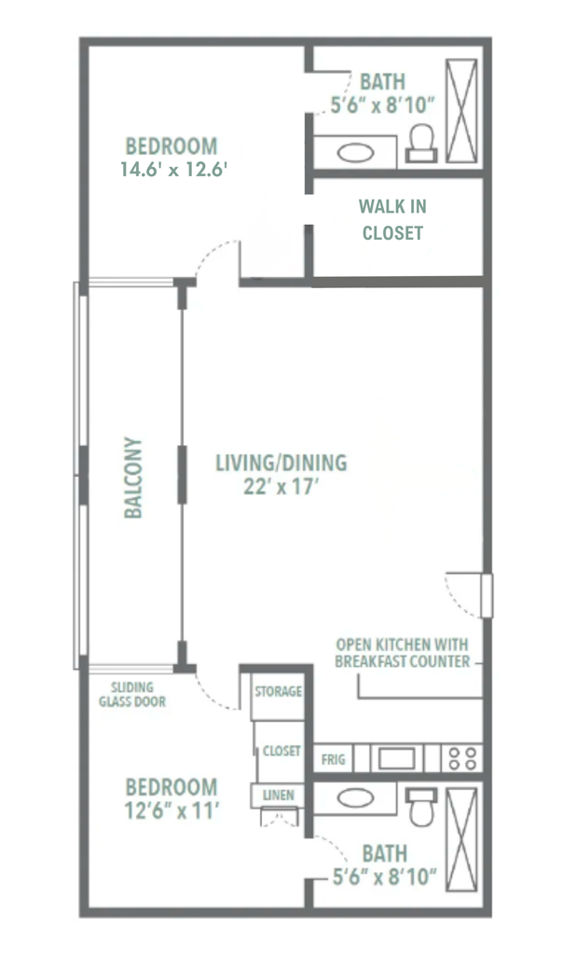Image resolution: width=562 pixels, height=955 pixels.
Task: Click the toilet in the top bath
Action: point(421,142)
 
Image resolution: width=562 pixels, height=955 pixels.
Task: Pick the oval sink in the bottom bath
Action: point(355,798)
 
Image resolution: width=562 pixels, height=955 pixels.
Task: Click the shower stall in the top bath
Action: point(461,112)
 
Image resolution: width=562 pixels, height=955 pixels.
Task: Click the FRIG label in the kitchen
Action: point(333,759)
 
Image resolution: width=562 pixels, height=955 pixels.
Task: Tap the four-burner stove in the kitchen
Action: point(461,757)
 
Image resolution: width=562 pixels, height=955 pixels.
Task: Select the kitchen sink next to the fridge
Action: point(395,757)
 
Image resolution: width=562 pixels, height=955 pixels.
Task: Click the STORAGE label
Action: point(278,692)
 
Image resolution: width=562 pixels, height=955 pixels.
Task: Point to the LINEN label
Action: point(279,796)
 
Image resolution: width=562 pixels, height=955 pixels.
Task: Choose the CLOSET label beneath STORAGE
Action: point(281,751)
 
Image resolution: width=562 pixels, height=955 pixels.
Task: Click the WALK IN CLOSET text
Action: point(392,220)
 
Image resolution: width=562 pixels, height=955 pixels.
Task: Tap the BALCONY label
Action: point(134,477)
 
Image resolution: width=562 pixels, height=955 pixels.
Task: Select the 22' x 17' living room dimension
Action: point(281,486)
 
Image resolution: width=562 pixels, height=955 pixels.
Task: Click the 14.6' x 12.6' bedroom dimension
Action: point(174,170)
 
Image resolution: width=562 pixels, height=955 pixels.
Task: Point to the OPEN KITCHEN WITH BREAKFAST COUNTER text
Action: point(402,654)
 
